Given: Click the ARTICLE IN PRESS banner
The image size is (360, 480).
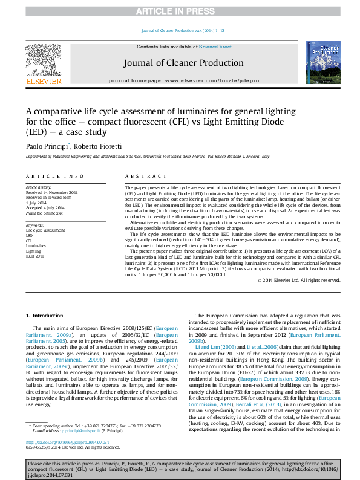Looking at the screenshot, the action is (180, 11).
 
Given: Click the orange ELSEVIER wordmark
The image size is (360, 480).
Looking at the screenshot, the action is (43, 81).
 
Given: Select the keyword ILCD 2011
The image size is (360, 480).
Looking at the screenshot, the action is (36, 256).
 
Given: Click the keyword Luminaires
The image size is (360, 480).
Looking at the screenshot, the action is (36, 246).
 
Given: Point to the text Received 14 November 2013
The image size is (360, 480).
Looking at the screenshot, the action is (52, 192).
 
